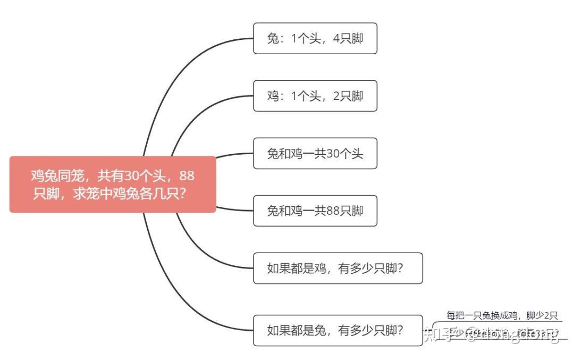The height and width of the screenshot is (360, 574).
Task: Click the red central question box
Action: coord(113,184)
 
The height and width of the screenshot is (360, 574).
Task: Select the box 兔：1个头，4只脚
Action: coord(315,38)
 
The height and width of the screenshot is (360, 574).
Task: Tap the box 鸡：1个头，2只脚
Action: coord(315,96)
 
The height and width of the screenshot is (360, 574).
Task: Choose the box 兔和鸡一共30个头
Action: coord(315,154)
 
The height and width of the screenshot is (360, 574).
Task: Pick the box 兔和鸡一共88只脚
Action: coord(315,211)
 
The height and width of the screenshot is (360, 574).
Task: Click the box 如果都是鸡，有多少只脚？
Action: coord(337,268)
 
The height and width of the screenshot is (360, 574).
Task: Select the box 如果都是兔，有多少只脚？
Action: coord(337,331)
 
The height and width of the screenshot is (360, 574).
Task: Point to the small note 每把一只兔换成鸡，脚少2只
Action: coord(502,316)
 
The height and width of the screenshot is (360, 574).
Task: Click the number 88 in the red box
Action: coord(188,175)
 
